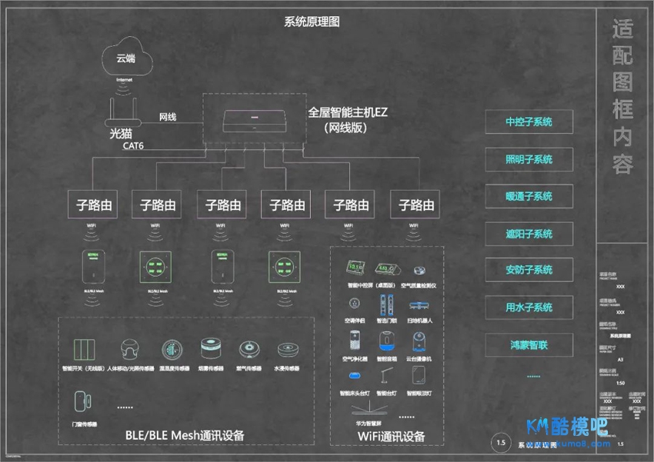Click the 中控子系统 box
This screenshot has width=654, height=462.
529,122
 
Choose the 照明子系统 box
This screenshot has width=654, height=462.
529,160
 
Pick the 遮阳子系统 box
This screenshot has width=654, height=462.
529,234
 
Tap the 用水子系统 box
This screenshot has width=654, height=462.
529,307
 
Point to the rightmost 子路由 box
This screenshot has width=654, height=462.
416,205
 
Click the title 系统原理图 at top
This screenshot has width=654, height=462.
312,22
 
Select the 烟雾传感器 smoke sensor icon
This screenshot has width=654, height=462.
209,350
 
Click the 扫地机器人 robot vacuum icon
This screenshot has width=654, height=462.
419,304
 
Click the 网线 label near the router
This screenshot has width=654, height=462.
168,117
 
